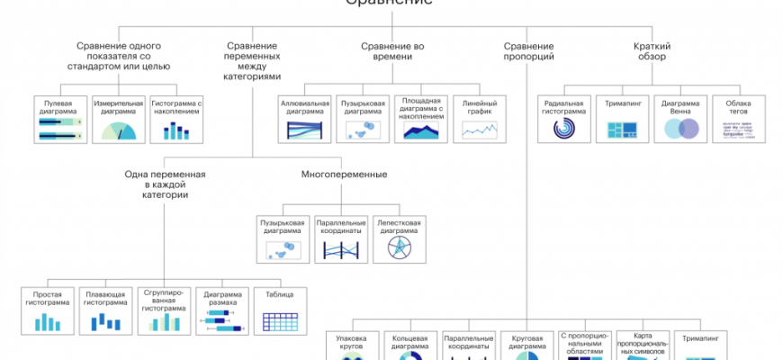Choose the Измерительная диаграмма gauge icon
click(119, 131)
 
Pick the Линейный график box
click(479, 119)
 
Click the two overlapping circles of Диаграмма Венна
click(682, 130)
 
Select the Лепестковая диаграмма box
click(399, 240)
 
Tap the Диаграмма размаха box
click(221, 310)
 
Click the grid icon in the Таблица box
click(280, 319)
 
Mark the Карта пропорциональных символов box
click(643, 346)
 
